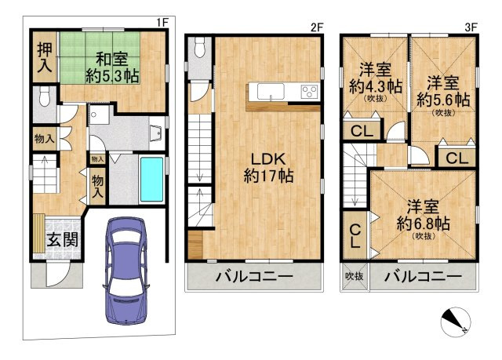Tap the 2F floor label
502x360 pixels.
click(x=317, y=26)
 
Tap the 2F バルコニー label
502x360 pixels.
click(x=253, y=277)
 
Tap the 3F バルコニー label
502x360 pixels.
click(x=423, y=277)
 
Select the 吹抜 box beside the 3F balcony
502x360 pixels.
click(x=354, y=277)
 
